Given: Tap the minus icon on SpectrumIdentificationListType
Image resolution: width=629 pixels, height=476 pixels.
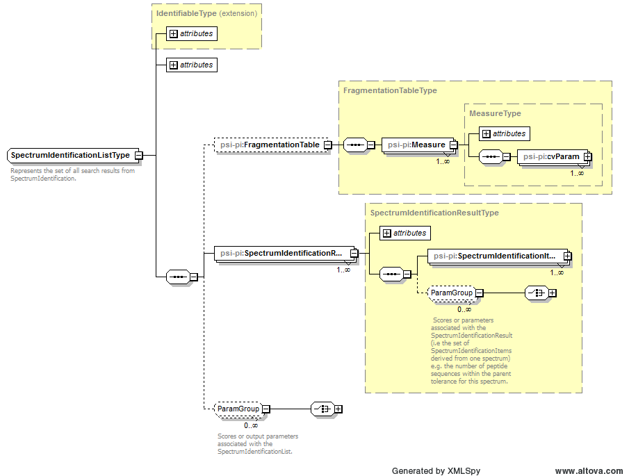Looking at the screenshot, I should (x=138, y=156).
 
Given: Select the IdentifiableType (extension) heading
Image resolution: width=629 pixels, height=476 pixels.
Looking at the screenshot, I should (x=206, y=13).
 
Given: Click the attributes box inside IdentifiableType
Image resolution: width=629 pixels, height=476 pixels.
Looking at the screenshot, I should (x=192, y=33).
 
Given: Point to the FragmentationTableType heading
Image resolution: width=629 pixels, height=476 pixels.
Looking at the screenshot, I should (x=390, y=90).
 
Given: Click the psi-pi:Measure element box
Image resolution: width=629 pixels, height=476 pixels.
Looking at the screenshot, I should (x=416, y=145).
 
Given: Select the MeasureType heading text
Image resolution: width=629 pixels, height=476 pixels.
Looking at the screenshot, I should (x=495, y=113).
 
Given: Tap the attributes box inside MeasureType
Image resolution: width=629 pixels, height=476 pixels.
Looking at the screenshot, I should (x=505, y=133).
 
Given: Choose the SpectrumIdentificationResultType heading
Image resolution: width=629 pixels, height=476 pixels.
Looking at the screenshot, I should (x=434, y=213).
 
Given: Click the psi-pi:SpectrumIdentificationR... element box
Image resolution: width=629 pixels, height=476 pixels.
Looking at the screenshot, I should (x=281, y=254).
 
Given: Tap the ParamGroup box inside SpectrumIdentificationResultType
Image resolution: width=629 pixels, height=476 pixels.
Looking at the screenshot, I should (x=451, y=293).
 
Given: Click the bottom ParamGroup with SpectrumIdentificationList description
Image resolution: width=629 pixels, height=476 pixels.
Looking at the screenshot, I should (x=238, y=409).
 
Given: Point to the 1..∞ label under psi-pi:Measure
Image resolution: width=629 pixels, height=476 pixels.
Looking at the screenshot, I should (x=443, y=162).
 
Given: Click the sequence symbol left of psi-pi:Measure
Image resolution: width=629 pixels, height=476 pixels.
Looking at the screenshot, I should (x=355, y=145).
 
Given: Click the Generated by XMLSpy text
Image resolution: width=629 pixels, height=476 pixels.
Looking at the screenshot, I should (x=436, y=470).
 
